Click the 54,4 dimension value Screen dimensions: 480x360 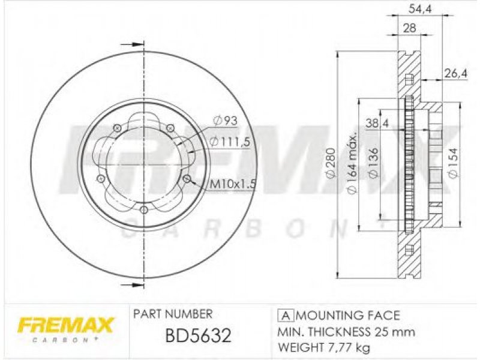tap(420, 10)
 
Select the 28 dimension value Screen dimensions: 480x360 tap(410, 28)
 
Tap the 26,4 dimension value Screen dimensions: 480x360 tap(455, 73)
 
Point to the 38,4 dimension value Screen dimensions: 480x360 tap(377, 124)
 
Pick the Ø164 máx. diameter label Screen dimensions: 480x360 tap(352, 163)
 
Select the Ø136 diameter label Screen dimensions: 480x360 tap(373, 163)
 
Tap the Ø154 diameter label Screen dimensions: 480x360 tap(453, 163)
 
